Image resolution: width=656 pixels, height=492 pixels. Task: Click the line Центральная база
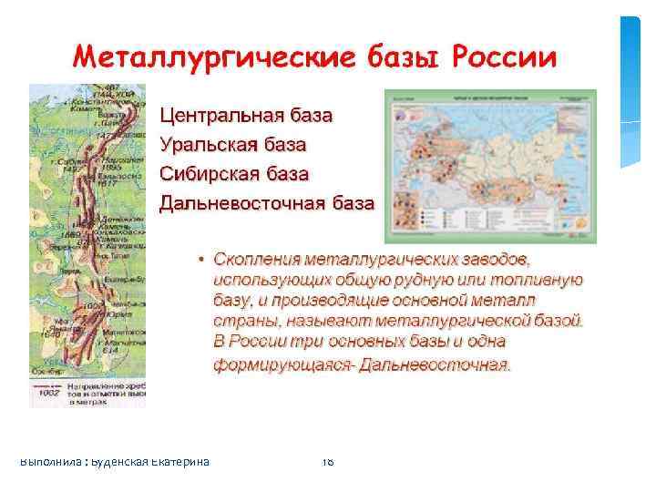246,116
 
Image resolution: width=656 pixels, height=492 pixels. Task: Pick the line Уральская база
233,144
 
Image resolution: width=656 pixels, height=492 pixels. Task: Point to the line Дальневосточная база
267,202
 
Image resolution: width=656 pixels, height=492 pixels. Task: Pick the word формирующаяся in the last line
283,365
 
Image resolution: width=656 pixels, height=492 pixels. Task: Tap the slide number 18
328,462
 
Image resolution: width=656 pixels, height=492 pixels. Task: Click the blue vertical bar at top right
630,91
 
